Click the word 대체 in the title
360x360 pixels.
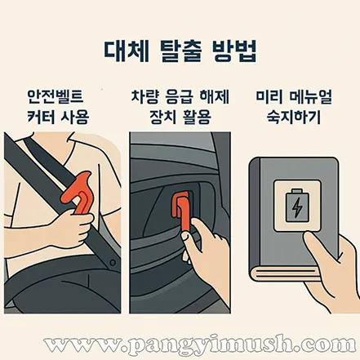127,51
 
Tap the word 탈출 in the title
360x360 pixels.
180,51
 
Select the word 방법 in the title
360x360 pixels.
233,51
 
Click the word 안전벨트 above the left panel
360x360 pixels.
56,96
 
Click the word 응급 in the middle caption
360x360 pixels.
180,96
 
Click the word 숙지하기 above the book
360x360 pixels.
294,118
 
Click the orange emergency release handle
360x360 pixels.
181,211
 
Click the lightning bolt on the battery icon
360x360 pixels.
297,207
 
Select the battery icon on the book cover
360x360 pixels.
297,205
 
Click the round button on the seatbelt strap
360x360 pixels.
112,263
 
